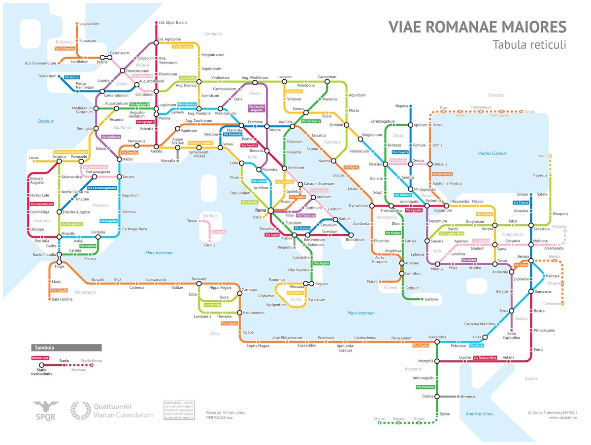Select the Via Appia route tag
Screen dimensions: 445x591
(271, 235)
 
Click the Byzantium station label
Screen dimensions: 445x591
(443, 211)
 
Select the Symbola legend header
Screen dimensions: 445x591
(44, 347)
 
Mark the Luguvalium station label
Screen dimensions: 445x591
(89, 23)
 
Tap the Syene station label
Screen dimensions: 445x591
(445, 414)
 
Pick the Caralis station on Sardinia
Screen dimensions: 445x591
(210, 245)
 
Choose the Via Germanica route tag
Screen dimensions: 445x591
(182, 47)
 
